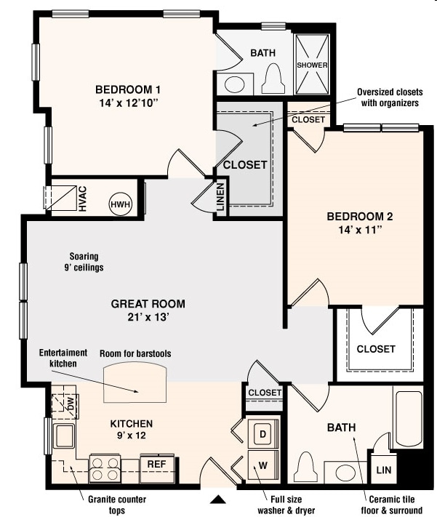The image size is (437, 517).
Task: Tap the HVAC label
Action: pyautogui.click(x=82, y=198)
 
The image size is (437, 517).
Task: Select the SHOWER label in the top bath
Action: pyautogui.click(x=312, y=65)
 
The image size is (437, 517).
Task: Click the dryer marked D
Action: pyautogui.click(x=262, y=434)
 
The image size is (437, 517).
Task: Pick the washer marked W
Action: pyautogui.click(x=262, y=463)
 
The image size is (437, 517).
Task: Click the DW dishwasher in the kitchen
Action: pyautogui.click(x=71, y=406)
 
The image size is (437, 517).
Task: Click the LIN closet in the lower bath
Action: pyautogui.click(x=383, y=470)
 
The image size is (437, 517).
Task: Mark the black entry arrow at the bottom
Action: pyautogui.click(x=218, y=500)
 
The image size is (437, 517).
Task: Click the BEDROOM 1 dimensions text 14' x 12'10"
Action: pyautogui.click(x=127, y=103)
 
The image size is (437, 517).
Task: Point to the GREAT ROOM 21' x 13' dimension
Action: pyautogui.click(x=148, y=318)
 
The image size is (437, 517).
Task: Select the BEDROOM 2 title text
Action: pyautogui.click(x=359, y=217)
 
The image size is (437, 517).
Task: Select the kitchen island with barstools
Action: pyautogui.click(x=136, y=382)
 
